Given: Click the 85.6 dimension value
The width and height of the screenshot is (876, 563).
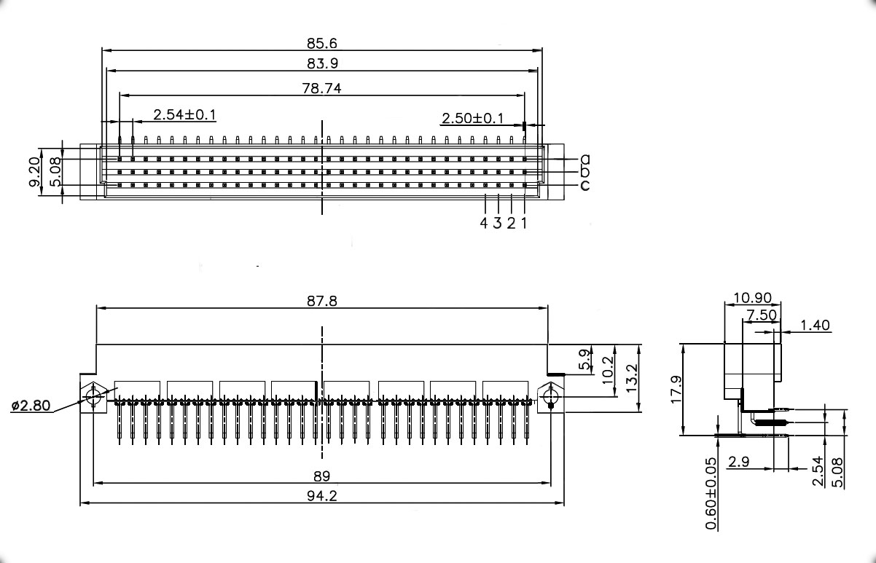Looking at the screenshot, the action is [321, 44].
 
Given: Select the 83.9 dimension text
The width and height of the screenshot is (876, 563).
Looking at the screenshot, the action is [322, 63].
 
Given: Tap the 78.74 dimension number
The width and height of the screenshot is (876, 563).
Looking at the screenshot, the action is [321, 88].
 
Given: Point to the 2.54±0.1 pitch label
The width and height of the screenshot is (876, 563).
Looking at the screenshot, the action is [184, 115].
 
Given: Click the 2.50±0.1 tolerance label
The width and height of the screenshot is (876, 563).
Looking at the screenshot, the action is [472, 118].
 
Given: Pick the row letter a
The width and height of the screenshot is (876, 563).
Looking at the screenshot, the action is [585, 159].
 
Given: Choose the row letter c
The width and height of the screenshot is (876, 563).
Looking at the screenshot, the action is [585, 185].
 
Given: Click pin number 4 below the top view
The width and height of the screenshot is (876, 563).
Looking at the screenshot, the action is [484, 223].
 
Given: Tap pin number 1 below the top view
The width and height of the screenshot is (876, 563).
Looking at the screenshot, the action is [524, 223].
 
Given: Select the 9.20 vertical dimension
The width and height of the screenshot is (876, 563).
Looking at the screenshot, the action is [35, 172].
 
